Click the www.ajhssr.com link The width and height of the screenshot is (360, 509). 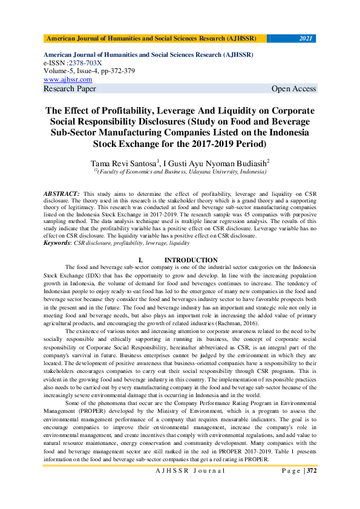(x=68, y=79)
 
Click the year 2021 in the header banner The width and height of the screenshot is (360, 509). (x=306, y=39)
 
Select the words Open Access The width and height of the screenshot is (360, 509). (x=293, y=89)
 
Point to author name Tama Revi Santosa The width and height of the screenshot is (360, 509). (x=124, y=163)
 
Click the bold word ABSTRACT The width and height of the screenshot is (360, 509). (x=59, y=192)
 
